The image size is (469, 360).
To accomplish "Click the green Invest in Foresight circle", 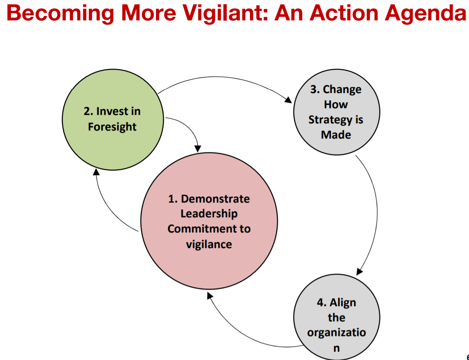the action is coord(113,120).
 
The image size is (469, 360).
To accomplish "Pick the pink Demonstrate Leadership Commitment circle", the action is coord(209,221).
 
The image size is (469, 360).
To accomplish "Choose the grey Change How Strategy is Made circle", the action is coord(337,112).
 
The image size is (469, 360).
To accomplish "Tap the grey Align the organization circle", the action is coord(337,317).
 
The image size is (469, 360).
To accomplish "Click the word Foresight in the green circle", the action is coord(112,127).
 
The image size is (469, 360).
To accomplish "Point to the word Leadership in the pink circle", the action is coord(209,213).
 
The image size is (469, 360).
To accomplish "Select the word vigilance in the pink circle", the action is coord(209,244).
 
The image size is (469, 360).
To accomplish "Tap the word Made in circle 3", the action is coord(336,135).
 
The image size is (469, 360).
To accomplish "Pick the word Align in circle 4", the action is coord(343,303).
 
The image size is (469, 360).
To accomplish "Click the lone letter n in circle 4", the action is coord(337,348).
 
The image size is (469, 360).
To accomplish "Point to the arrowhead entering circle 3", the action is coord(288,100).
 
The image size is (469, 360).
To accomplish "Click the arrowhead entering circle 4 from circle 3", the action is coord(359,271).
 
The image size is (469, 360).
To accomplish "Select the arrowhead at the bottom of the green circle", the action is coord(96,172).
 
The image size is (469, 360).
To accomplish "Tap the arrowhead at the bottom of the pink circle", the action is coord(210,296).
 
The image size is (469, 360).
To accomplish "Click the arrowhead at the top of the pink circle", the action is coord(198,149).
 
